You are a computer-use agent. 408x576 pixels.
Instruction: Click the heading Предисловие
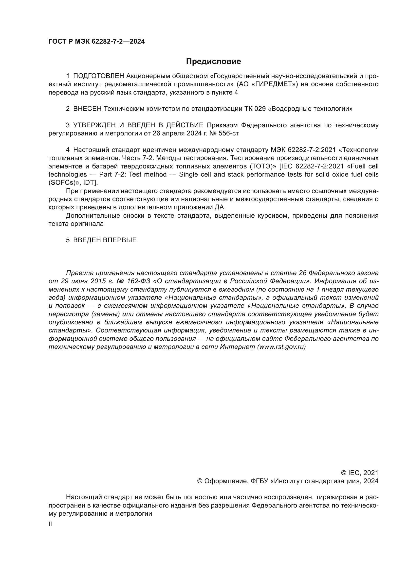(213, 62)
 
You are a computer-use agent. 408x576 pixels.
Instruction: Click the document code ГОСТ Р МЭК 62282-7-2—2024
(97, 42)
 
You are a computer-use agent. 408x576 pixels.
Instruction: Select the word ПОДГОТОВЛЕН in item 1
(99, 76)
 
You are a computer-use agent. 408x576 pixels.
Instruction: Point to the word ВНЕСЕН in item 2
(87, 109)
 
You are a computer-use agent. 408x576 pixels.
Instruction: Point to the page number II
(50, 524)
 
